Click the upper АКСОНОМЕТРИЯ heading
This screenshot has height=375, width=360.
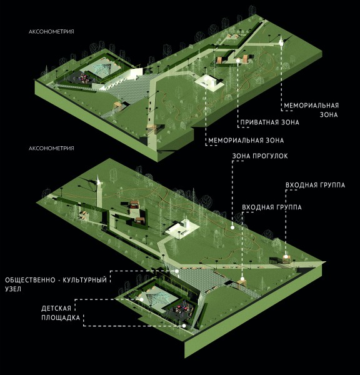tap(51, 32)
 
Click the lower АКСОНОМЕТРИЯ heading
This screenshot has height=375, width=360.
tap(51, 148)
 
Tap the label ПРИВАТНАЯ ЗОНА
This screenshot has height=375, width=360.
tap(270, 122)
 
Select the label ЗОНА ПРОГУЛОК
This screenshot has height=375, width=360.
tap(260, 156)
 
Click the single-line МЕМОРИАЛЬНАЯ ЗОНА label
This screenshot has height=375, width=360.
tap(246, 141)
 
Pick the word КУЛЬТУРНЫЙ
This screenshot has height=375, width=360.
tap(84, 280)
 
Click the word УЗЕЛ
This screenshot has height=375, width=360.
tap(13, 289)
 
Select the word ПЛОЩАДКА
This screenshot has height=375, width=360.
tap(61, 318)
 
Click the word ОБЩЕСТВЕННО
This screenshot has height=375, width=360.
tap(30, 280)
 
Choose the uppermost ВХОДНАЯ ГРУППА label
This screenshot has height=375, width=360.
tap(315, 185)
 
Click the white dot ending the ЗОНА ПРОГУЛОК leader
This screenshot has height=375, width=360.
tap(232, 227)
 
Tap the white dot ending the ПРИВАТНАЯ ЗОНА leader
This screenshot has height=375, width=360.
tap(237, 61)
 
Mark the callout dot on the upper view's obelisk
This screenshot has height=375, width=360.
tap(281, 43)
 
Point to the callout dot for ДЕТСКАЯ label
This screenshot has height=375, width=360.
tap(141, 299)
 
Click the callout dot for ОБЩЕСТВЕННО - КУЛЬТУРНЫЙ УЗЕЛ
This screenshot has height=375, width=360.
tap(177, 271)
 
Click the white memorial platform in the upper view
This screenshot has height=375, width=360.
tap(209, 83)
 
